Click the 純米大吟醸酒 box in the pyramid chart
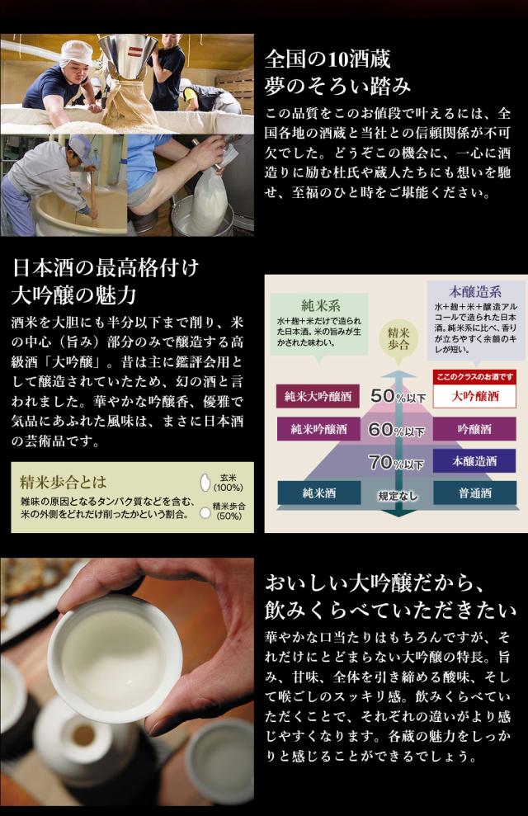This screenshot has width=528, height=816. tap(318, 397)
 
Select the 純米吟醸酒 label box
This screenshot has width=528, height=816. tap(318, 429)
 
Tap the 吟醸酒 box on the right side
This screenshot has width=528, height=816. tap(474, 429)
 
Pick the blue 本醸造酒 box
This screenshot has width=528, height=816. tap(474, 461)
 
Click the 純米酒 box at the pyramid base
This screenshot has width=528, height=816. tap(319, 493)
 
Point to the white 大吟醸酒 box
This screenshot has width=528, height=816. tap(474, 396)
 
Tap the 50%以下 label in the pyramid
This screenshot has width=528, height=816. tap(398, 397)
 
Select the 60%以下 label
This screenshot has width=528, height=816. tap(397, 430)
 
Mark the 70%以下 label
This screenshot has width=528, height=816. tap(396, 462)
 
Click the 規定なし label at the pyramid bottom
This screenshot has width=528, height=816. tap(397, 496)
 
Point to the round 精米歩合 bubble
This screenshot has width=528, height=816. tap(398, 339)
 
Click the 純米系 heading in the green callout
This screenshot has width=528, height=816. tap(320, 305)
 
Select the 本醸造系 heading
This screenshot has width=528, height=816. tap(475, 291)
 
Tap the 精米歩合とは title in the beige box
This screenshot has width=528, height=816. tap(63, 481)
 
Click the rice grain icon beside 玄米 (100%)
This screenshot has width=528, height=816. tap(205, 483)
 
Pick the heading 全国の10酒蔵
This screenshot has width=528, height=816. tap(328, 59)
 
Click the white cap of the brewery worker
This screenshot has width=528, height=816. tap(76, 53)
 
